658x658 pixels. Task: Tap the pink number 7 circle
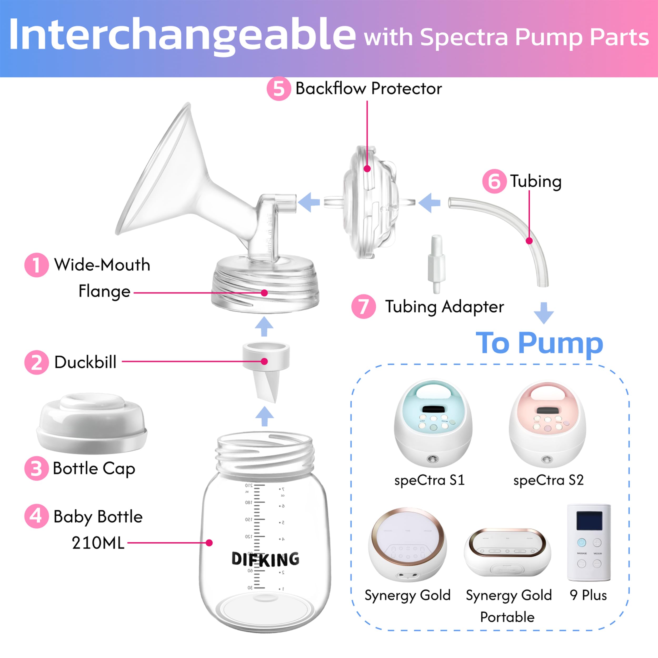tap(363, 307)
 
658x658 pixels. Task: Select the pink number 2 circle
tap(36, 362)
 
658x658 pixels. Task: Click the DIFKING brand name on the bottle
tap(265, 559)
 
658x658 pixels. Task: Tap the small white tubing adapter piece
tap(436, 264)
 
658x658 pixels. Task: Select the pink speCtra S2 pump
tap(547, 424)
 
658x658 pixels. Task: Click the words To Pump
tap(539, 343)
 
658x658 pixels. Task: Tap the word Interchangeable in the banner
tap(182, 35)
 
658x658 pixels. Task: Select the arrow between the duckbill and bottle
tap(264, 416)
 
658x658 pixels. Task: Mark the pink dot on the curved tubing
tap(529, 241)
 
